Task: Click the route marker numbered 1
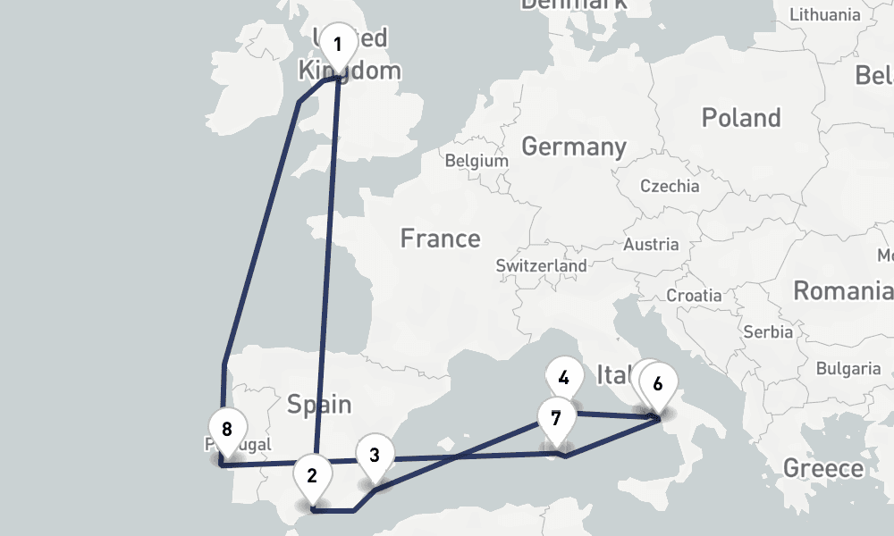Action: [x=337, y=45]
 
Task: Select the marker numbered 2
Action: [x=312, y=475]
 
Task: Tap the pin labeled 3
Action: [x=375, y=455]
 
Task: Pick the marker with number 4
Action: [x=563, y=378]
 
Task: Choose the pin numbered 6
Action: [x=658, y=384]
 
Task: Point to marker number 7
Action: [x=556, y=418]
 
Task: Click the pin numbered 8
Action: [x=227, y=429]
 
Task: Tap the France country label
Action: [x=440, y=239]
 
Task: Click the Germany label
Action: [x=574, y=147]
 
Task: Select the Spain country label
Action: [x=319, y=405]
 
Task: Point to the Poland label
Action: [x=741, y=118]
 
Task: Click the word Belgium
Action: [x=476, y=162]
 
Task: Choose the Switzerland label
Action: [x=541, y=265]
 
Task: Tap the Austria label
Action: [x=651, y=245]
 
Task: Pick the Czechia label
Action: [x=670, y=186]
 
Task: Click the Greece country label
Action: [x=823, y=468]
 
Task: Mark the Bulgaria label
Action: [x=848, y=368]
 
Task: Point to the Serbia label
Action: [x=768, y=331]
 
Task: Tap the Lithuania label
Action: [x=824, y=14]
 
